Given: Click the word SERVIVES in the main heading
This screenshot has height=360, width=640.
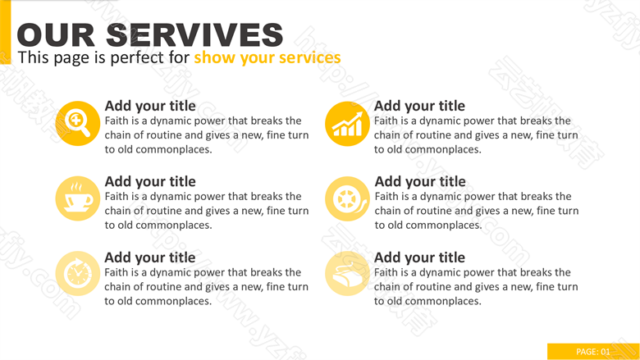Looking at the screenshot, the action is [x=194, y=35].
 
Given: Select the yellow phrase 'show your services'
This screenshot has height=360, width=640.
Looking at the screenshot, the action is [x=267, y=57].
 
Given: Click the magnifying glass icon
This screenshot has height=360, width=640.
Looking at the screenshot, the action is [x=78, y=124].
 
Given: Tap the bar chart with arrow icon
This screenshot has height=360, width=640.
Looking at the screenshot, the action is [x=347, y=124].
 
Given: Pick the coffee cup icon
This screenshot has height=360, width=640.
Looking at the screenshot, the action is [x=78, y=198].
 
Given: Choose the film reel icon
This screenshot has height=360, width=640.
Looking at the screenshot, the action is [x=347, y=198].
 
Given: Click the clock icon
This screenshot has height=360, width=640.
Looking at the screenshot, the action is [x=78, y=274].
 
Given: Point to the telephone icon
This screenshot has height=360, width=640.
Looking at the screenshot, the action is [x=347, y=274].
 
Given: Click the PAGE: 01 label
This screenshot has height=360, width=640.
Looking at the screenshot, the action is [x=593, y=352].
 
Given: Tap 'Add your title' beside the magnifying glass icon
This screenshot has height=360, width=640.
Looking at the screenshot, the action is [x=150, y=106].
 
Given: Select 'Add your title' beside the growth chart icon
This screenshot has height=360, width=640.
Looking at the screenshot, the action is [x=419, y=106].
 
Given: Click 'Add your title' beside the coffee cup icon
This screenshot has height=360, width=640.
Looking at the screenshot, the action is [x=150, y=181].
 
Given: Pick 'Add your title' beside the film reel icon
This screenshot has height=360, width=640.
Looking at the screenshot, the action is [x=420, y=181].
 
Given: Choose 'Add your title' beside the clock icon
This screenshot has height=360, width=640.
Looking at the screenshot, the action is [x=150, y=257].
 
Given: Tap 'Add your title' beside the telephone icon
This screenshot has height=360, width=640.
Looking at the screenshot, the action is [x=419, y=257].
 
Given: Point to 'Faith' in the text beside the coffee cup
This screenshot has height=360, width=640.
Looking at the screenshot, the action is [x=117, y=196].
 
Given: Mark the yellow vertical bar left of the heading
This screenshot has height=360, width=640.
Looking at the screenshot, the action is [x=5, y=32].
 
